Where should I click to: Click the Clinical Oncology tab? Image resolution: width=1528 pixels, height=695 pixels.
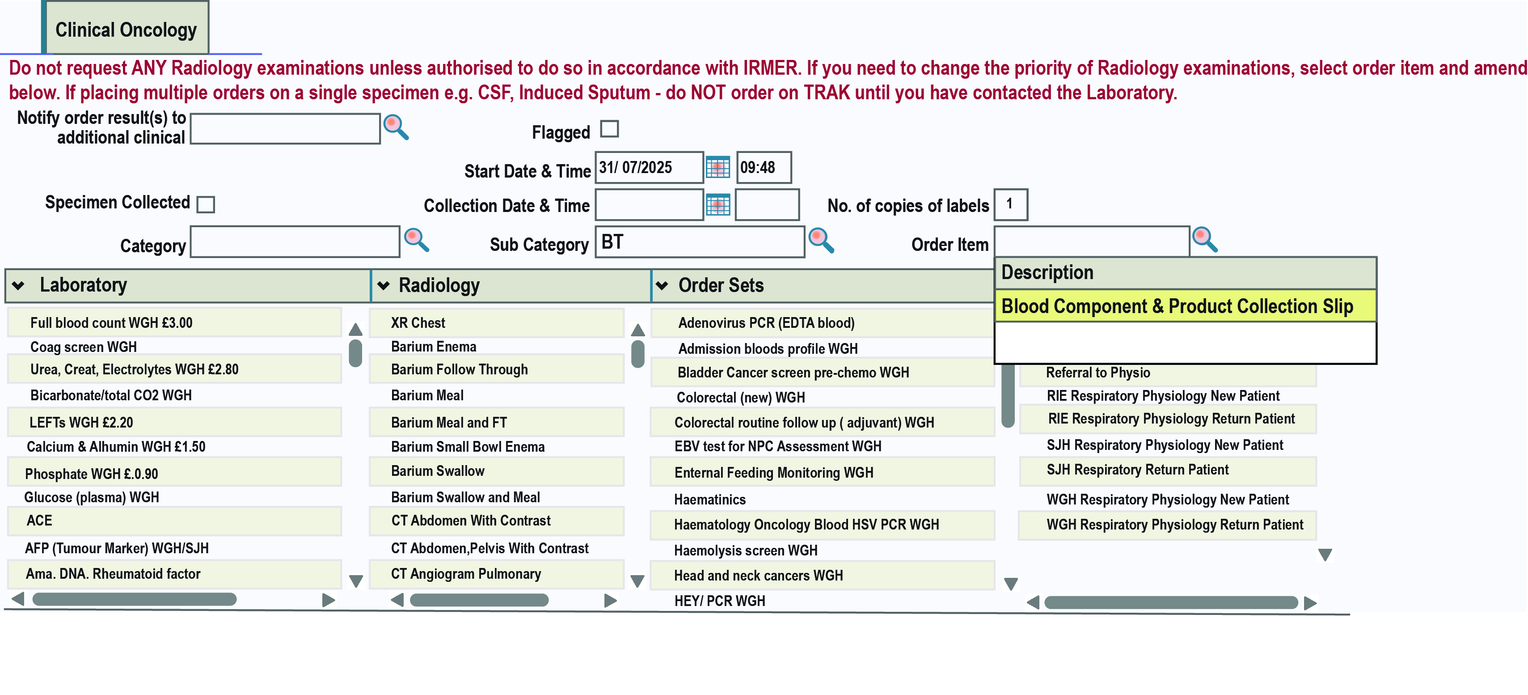point(126,29)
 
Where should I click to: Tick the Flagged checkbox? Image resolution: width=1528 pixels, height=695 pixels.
point(609,129)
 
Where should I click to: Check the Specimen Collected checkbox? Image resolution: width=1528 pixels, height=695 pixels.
point(206,204)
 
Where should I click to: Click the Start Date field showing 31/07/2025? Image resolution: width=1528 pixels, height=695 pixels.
point(649,168)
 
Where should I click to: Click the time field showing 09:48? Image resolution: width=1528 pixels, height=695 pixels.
point(764,168)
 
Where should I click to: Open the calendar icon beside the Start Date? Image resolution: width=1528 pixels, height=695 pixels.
point(718,168)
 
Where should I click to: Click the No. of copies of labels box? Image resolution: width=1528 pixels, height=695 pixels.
point(1010,205)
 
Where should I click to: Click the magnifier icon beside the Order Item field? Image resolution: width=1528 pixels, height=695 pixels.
point(1205,239)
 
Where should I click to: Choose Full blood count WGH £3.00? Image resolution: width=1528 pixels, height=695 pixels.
point(111,323)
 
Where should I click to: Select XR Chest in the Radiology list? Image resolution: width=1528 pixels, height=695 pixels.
point(418,323)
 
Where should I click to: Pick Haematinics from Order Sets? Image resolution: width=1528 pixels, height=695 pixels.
point(710,500)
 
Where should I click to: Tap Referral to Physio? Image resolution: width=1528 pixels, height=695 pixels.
point(1098,373)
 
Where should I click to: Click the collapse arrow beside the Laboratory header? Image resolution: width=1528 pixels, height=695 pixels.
point(19,285)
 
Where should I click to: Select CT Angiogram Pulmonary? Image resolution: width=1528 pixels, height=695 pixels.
point(466,574)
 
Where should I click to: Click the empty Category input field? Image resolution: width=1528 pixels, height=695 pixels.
point(295,242)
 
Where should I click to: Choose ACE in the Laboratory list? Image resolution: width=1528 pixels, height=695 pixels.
point(39,521)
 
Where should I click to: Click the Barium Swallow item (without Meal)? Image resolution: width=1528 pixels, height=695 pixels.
point(438,471)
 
